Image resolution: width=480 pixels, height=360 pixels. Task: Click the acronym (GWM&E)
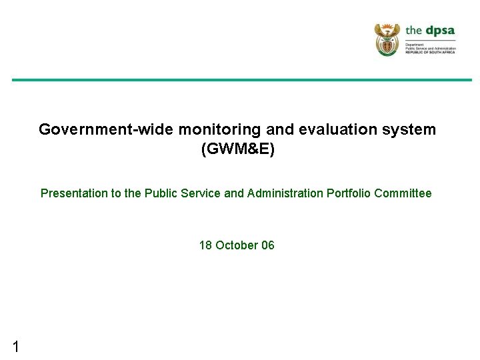pos(237,150)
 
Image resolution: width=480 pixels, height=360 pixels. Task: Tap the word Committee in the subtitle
pos(403,193)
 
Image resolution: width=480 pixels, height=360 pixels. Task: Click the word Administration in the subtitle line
pos(285,193)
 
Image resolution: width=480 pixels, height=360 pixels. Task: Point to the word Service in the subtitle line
pos(202,193)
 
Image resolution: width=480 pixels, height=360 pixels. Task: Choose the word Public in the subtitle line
pos(163,193)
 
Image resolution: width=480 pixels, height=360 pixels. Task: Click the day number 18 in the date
pos(205,245)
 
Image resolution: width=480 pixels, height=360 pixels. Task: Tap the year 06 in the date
pos(268,245)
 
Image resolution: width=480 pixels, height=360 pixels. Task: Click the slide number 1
pos(15,346)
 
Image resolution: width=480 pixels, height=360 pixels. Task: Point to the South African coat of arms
pos(386,39)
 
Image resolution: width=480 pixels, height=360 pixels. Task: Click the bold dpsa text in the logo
pos(441,31)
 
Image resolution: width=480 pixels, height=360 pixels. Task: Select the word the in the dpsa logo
pos(414,31)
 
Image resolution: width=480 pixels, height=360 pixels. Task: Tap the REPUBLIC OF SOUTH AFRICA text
pos(430,52)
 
